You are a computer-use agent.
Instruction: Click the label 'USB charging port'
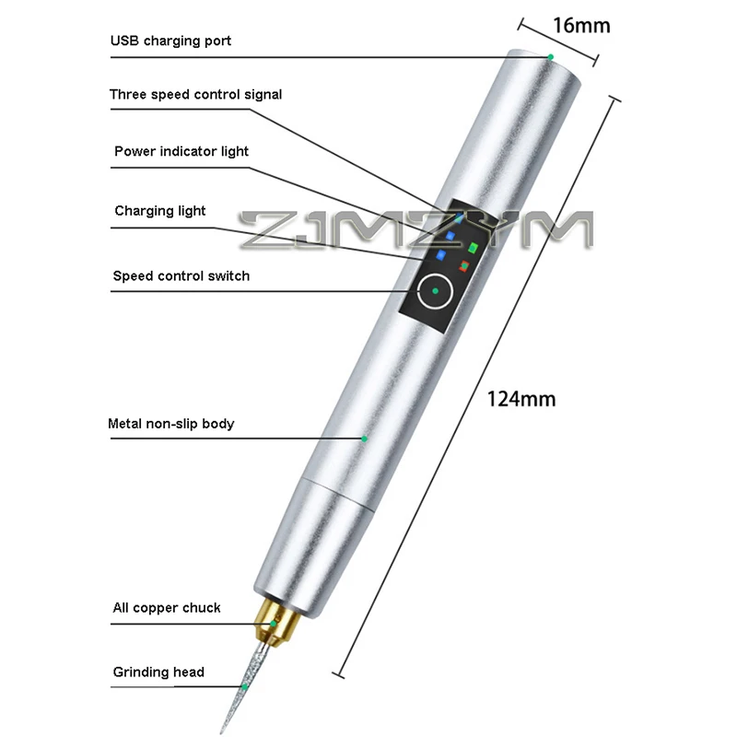(170, 41)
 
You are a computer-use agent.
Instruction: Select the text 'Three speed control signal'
(195, 94)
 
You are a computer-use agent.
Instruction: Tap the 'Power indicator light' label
(181, 151)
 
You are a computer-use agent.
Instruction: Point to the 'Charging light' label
(160, 211)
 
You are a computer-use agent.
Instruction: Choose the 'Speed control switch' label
(181, 275)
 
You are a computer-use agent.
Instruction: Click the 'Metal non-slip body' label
(170, 424)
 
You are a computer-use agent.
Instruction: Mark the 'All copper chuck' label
(166, 608)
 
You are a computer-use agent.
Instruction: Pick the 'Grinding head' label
(158, 672)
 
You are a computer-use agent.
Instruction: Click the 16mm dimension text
(580, 25)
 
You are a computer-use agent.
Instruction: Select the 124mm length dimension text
(521, 400)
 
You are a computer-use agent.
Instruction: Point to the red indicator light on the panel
(464, 265)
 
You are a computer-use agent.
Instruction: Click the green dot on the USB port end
(551, 57)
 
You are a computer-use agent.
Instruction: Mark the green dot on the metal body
(364, 439)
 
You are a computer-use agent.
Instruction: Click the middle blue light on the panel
(450, 235)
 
